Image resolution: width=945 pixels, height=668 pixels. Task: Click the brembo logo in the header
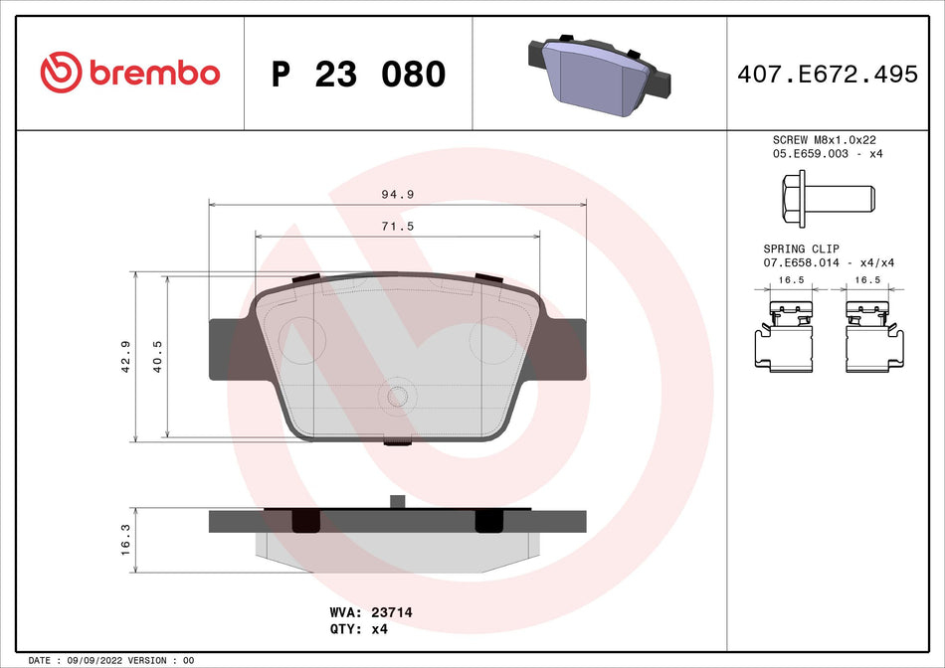129,73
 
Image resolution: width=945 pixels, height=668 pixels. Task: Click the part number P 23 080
358,75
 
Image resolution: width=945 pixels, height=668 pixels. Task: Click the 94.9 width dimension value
398,194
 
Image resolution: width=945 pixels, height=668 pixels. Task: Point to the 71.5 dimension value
398,227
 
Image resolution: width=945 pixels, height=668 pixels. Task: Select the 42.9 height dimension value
124,356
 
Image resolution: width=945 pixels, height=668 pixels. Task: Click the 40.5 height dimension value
157,356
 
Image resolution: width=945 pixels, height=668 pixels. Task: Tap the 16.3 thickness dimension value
124,540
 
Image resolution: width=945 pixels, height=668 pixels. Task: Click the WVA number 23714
390,613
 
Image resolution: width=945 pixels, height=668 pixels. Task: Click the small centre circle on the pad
398,397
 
